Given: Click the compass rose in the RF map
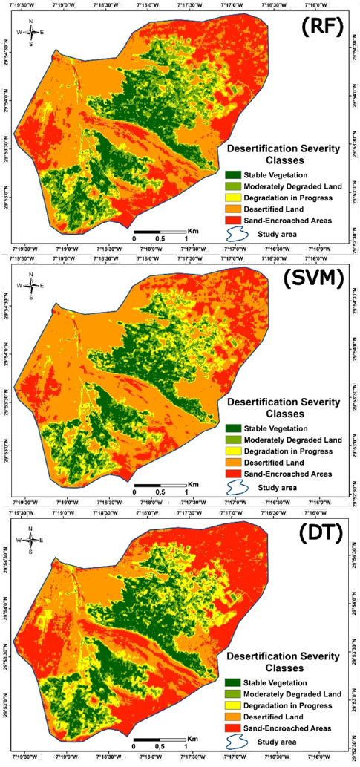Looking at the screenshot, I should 30,32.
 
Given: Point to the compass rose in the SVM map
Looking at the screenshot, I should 30,285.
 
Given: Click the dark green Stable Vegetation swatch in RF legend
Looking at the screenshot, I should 231,174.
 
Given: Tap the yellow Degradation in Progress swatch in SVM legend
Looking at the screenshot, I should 231,451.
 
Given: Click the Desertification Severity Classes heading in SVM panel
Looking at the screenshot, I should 283,407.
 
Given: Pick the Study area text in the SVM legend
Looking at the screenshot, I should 277,487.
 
